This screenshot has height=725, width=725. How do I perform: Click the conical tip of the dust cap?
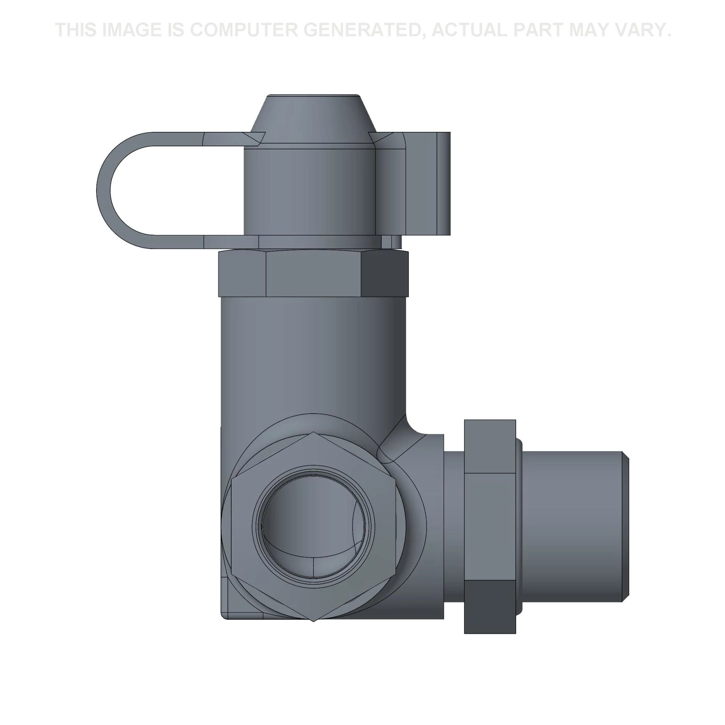pyautogui.click(x=311, y=116)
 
